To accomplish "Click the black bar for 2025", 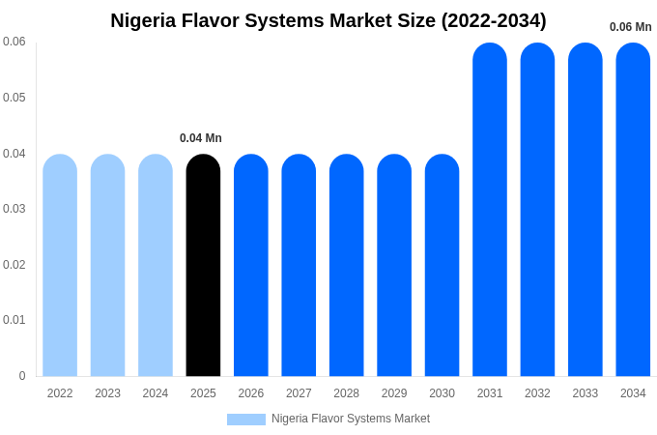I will pos(203,266).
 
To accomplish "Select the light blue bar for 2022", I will pos(60,266).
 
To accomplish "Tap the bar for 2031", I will pos(490,210).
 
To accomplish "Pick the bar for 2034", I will pos(633,210).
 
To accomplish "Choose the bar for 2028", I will pos(346,266).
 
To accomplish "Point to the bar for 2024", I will pos(156,266).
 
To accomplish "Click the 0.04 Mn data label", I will pos(201,138).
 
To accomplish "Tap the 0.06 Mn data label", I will pos(630,27).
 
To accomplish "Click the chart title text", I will pos(328,20).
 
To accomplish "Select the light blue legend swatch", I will pos(245,419).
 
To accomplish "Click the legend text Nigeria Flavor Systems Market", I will pos(350,419).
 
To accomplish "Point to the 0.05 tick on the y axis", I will pos(14,98).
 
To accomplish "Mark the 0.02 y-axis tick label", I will pos(14,265).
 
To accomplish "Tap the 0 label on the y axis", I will pos(22,376).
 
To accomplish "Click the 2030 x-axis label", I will pos(442,393).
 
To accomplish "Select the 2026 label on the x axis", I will pos(250,393).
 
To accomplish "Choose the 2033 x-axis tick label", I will pos(585,393).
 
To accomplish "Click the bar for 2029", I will pos(394,266).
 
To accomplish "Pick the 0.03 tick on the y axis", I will pos(14,209).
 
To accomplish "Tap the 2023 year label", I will pos(107,393).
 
